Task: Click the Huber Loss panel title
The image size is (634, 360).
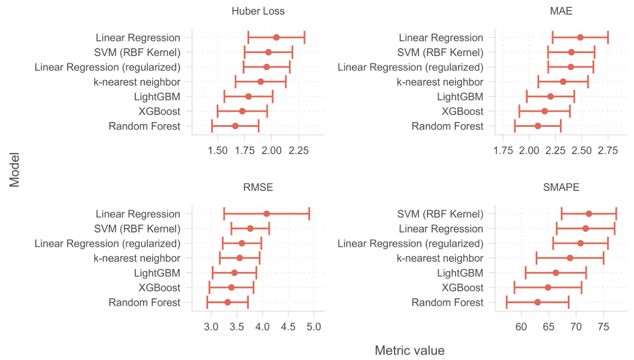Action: [258, 11]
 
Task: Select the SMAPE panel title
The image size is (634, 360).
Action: [561, 187]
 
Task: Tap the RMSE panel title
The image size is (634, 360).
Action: [258, 187]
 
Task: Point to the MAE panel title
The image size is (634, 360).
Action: [561, 11]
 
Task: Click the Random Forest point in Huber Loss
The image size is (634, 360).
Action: [235, 126]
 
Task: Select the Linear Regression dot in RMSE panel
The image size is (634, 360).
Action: [266, 214]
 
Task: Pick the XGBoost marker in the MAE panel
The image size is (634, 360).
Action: [545, 111]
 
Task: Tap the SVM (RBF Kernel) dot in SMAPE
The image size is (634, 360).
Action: [589, 214]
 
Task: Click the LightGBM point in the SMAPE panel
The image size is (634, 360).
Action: [556, 273]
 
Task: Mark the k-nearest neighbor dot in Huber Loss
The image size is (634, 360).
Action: [260, 81]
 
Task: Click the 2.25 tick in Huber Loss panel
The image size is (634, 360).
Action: [299, 151]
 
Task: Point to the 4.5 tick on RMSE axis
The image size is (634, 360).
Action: [288, 327]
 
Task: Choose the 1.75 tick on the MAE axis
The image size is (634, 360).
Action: [503, 151]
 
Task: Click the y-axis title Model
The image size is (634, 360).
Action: [15, 170]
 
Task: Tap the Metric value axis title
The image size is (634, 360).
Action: [409, 350]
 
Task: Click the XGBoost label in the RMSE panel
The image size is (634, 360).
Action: [160, 288]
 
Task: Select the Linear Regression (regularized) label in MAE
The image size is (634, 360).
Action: [411, 67]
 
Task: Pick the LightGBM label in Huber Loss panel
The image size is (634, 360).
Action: [157, 96]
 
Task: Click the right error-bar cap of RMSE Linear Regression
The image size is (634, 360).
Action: [309, 214]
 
